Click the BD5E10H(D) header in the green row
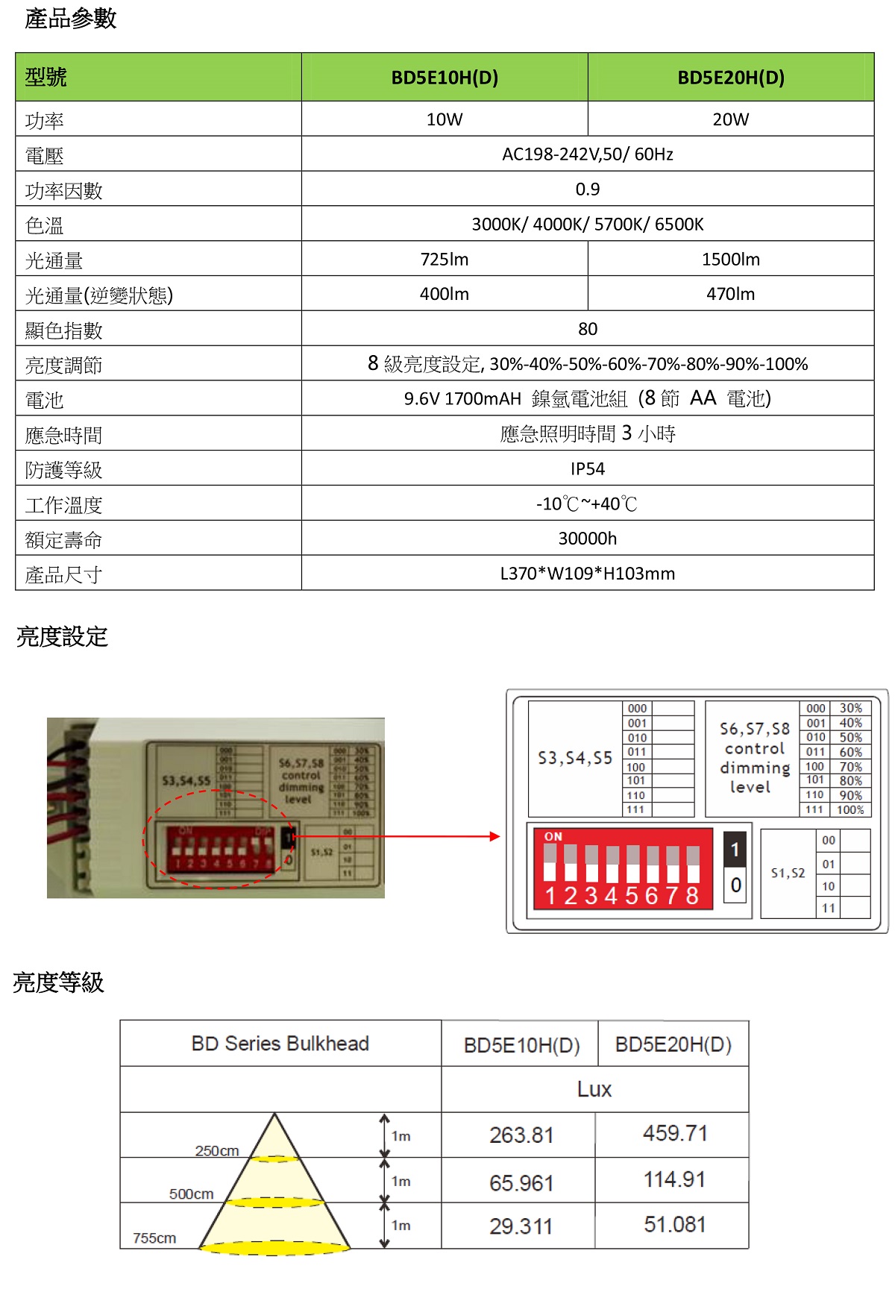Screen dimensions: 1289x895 point(445,78)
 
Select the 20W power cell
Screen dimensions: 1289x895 point(730,119)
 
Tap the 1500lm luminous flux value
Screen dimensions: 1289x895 point(730,260)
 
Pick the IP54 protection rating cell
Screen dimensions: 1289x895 point(588,468)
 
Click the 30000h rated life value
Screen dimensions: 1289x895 point(588,539)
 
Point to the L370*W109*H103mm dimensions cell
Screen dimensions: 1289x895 point(588,574)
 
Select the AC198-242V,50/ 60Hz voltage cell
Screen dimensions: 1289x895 point(588,154)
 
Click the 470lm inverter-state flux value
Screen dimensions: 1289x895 point(730,294)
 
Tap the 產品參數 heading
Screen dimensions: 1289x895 point(71,19)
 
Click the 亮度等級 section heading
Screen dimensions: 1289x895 point(58,982)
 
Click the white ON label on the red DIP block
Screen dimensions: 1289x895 point(553,837)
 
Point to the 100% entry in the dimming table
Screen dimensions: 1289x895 point(850,810)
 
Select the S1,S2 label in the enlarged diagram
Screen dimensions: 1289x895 point(788,873)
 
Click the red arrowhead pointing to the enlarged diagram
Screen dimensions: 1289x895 point(495,836)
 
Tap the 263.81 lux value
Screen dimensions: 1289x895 point(521,1135)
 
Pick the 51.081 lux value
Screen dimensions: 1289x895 point(674,1224)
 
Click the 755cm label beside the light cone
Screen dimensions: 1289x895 point(154,1238)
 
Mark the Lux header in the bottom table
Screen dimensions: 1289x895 point(594,1089)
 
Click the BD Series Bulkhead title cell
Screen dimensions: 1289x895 point(280,1044)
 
